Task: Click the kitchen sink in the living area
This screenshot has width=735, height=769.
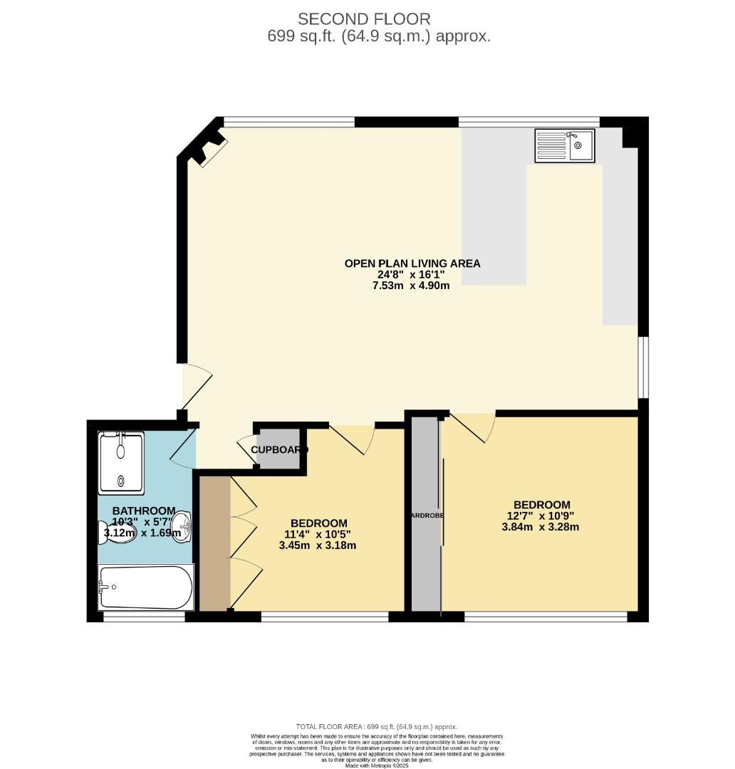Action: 565,146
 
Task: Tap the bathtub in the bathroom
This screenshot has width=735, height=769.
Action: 146,587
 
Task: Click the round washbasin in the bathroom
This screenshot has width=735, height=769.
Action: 182,525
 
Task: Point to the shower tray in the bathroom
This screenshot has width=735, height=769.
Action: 121,463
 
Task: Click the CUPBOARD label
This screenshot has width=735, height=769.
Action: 278,450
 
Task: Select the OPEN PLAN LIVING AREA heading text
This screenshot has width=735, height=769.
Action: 412,263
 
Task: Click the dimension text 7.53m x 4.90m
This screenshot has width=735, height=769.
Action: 412,286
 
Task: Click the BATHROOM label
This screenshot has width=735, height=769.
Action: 144,511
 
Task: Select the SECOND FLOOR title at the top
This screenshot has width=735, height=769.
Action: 364,19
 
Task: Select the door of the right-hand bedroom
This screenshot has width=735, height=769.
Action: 474,427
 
